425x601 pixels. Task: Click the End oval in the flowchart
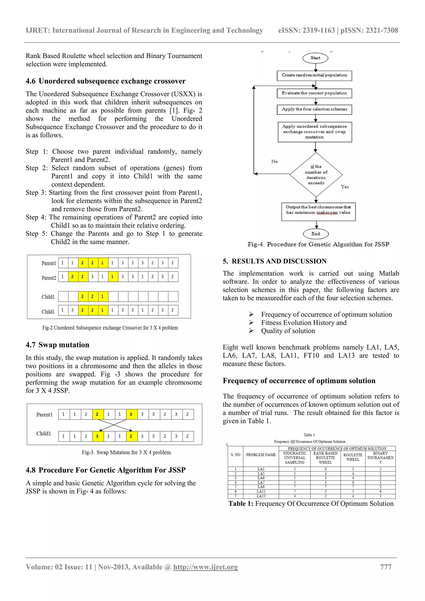coord(316,234)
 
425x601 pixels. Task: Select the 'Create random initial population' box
coord(314,75)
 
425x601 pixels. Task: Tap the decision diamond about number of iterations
coord(316,175)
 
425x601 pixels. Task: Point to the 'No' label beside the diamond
coord(274,162)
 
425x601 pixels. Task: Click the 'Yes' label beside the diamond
coord(345,187)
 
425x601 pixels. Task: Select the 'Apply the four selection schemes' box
coord(314,109)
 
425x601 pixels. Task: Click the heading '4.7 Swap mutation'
coord(57,345)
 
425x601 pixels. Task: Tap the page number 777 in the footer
coord(386,567)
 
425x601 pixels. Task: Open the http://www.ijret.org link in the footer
coord(205,567)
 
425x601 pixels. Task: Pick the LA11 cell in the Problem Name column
coord(261,491)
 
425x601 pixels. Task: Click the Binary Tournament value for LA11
coord(380,491)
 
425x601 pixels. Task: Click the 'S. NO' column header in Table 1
coord(235,455)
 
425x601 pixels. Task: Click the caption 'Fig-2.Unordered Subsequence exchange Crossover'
coord(110,328)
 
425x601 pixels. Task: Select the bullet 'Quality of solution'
coord(288,331)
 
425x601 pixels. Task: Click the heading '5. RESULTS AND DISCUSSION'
coord(275,261)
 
